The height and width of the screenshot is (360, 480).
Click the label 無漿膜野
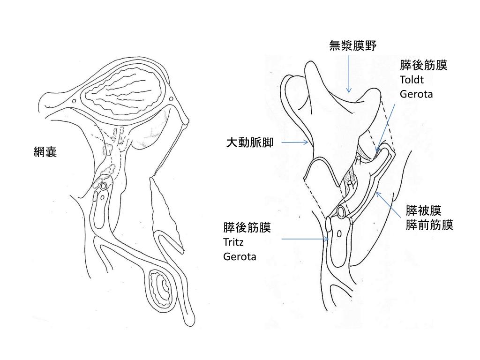[353, 45]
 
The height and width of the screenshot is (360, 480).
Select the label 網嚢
[45, 152]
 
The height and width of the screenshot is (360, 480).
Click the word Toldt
[412, 79]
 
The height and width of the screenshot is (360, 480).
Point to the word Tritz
[234, 242]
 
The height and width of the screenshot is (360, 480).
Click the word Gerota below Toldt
[416, 94]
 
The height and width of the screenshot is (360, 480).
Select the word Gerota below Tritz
[240, 256]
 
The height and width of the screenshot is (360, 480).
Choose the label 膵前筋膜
[429, 225]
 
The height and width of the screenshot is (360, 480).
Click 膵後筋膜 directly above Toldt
[424, 65]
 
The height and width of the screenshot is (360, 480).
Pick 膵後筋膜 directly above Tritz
[247, 228]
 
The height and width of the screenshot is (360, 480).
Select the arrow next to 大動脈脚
[295, 142]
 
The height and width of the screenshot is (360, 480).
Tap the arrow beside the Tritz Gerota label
[305, 239]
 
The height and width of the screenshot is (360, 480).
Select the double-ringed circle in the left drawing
[104, 186]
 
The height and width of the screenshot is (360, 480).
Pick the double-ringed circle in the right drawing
[343, 211]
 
